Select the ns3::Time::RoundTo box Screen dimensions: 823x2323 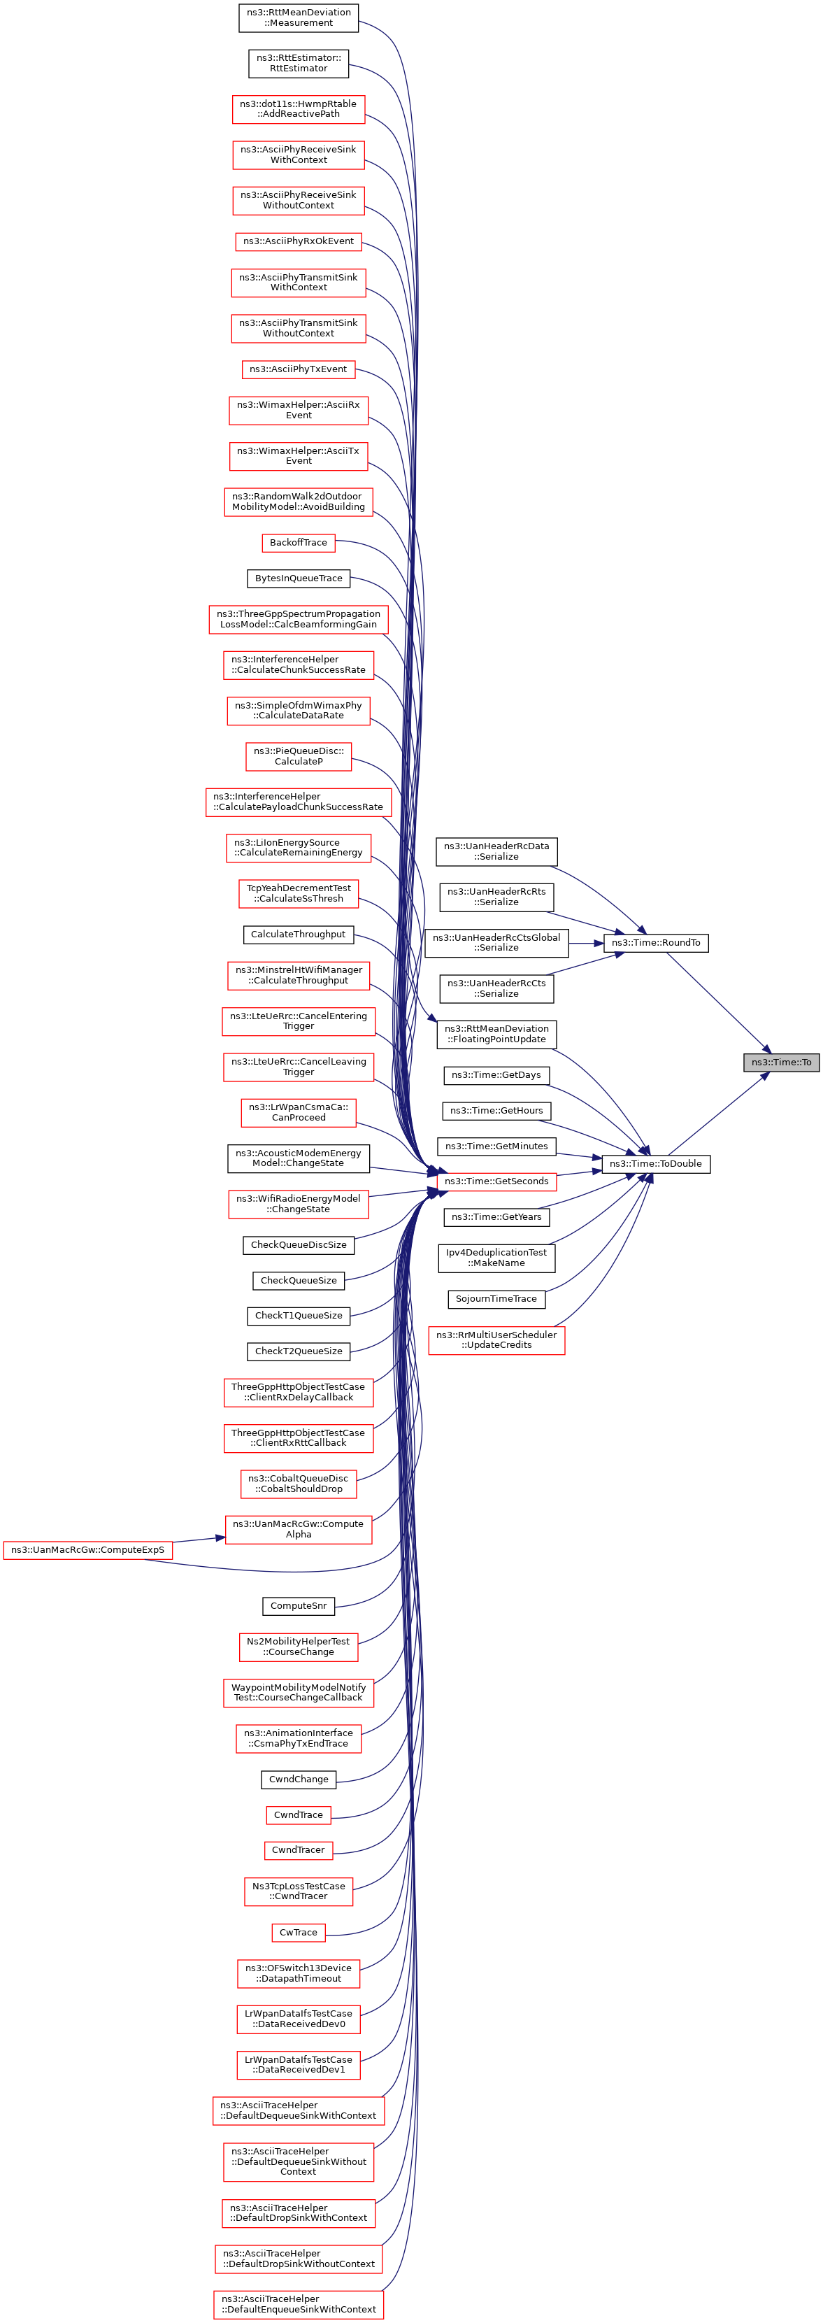tap(655, 942)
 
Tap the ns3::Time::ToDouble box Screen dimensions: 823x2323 tap(655, 1163)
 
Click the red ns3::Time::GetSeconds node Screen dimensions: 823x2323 tap(496, 1181)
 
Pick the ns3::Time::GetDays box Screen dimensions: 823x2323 tap(496, 1075)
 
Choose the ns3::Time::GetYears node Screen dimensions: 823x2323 tap(496, 1216)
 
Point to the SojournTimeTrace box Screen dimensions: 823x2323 tap(496, 1298)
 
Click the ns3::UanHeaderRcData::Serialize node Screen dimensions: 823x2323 tap(496, 851)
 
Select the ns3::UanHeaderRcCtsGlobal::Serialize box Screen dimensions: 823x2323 tap(496, 942)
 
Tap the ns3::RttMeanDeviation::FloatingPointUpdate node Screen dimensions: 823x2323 tap(496, 1033)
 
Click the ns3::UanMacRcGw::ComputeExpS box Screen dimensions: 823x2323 tap(87, 1549)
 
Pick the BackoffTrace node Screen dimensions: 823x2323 tap(299, 542)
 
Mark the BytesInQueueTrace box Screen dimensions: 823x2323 tap(299, 578)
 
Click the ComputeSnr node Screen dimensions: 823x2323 tap(299, 1605)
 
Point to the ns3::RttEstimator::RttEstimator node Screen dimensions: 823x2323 tap(299, 63)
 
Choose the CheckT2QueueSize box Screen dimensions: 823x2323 tap(299, 1351)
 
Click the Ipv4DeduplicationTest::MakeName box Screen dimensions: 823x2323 tap(496, 1257)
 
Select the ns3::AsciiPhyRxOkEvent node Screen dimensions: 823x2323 tap(299, 241)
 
